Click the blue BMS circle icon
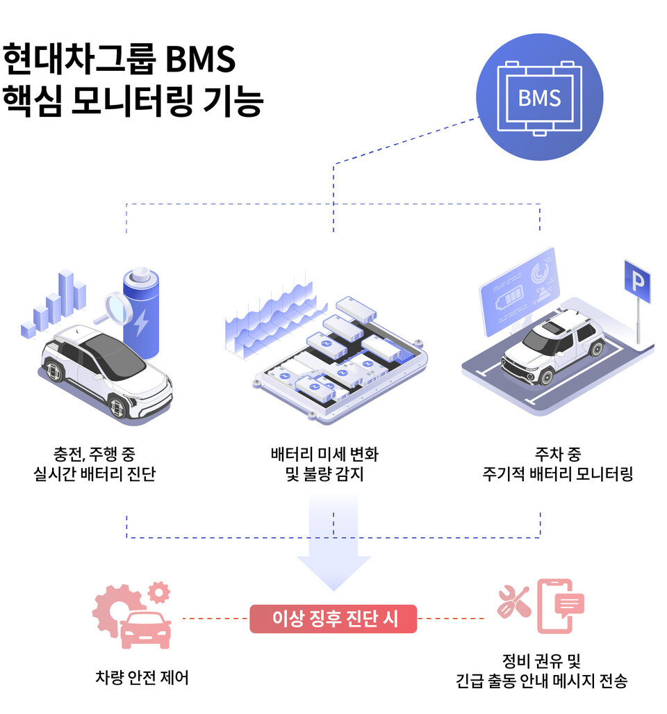coord(539,97)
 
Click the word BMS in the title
coord(201,60)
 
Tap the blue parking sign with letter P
coord(636,282)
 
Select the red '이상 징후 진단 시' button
coord(333,618)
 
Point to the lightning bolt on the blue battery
coord(141,321)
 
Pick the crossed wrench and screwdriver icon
coord(513,601)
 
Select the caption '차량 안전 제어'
coord(142,677)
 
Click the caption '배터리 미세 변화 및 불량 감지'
coord(324,464)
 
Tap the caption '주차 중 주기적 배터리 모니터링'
coord(557,464)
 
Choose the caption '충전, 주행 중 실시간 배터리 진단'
coord(94,464)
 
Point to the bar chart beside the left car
coord(54,306)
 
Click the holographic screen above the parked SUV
coord(520,291)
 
